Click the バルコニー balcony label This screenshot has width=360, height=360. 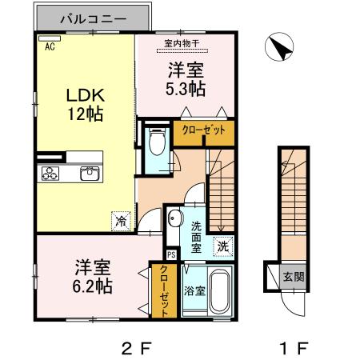pos(91,17)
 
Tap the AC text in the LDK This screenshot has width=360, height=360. pos(49,46)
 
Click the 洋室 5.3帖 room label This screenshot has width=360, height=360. pos(186,78)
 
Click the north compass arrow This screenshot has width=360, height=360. pos(280,49)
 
